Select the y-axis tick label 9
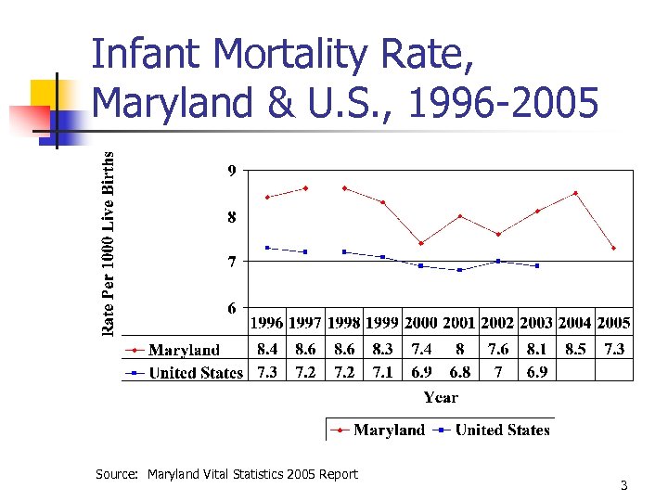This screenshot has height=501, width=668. [x=231, y=171]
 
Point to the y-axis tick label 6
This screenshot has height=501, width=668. [x=231, y=307]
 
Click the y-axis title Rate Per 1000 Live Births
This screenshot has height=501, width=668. [x=109, y=243]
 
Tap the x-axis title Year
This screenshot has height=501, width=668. [x=441, y=397]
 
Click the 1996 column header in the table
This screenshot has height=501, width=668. [x=267, y=323]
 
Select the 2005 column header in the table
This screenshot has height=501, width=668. [x=613, y=323]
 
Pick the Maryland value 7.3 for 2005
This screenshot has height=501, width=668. [x=613, y=349]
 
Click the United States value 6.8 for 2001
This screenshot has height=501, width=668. [x=459, y=371]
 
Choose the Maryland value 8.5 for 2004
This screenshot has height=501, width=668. [x=574, y=349]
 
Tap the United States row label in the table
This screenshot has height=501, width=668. [x=196, y=373]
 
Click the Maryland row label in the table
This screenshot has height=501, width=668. [x=184, y=350]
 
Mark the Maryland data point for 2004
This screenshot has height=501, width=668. [x=575, y=193]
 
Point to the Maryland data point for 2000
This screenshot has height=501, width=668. [x=421, y=243]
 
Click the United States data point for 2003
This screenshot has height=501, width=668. [x=536, y=265]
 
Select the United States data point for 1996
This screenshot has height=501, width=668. [x=267, y=248]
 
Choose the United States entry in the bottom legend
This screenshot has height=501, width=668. [x=502, y=430]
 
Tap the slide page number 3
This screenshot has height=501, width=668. [x=624, y=486]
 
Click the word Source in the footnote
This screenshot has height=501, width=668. [x=117, y=474]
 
